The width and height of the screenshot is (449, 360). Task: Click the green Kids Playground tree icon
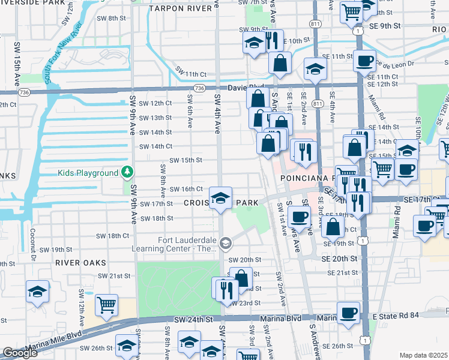[127, 173]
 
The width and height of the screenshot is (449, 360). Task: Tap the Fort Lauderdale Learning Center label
[187, 245]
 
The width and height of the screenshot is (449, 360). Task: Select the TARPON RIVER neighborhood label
[176, 8]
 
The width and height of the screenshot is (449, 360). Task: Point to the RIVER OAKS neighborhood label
[80, 263]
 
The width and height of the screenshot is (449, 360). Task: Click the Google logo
[20, 353]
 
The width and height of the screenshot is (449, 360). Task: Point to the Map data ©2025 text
[423, 355]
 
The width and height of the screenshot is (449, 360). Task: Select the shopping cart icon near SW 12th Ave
[106, 304]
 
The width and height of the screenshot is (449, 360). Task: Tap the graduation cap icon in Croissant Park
[220, 197]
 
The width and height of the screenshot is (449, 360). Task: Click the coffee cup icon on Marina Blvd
[349, 313]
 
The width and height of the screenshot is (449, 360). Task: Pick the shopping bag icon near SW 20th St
[241, 278]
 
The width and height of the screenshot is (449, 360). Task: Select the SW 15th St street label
[185, 160]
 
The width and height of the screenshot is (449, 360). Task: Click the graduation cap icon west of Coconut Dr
[38, 292]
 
